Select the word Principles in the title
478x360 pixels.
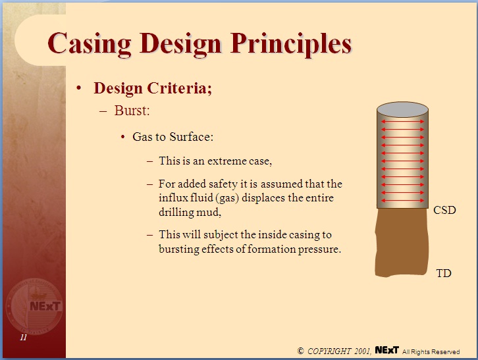[292, 44]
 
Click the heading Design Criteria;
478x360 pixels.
[153, 88]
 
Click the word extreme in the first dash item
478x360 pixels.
[242, 161]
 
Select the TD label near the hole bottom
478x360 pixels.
[444, 272]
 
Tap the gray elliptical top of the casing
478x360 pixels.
[402, 109]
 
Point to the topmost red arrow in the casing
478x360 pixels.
[402, 122]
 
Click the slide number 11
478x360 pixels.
[23, 338]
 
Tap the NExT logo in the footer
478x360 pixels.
[386, 351]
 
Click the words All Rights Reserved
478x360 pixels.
[431, 352]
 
